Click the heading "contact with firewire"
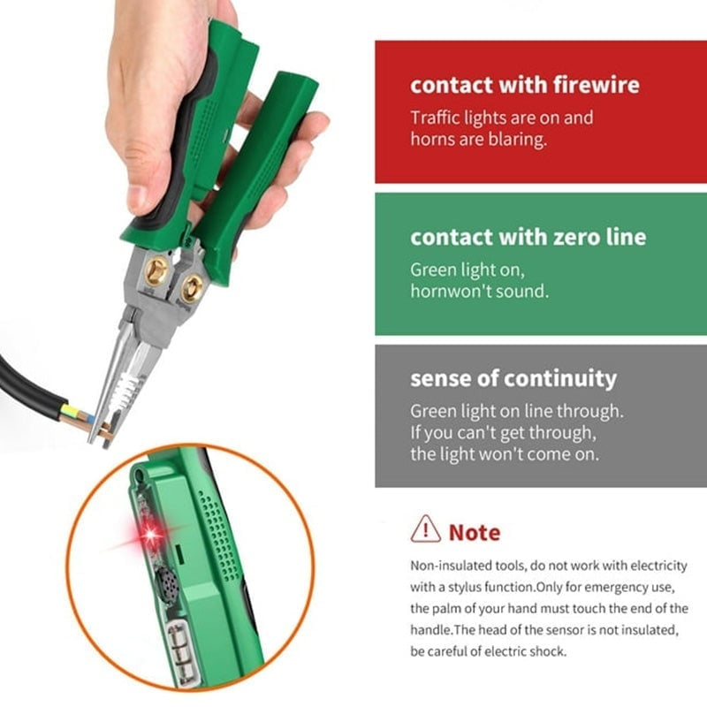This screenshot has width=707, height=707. [x=524, y=85]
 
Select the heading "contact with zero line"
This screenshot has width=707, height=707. [x=528, y=237]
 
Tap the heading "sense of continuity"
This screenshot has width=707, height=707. [x=513, y=379]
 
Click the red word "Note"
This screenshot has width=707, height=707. [x=475, y=533]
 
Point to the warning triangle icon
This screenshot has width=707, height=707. [x=425, y=528]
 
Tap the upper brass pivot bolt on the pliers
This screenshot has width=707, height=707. [x=156, y=271]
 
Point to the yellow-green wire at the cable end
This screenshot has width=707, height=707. [x=72, y=411]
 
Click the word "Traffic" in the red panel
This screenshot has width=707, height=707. [x=433, y=118]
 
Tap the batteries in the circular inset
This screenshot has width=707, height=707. [x=184, y=649]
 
